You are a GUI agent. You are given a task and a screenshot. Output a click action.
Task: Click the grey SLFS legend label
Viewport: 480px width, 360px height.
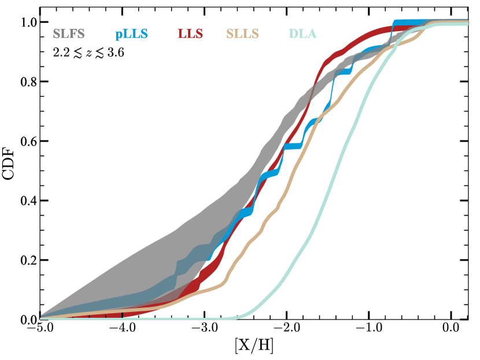69,34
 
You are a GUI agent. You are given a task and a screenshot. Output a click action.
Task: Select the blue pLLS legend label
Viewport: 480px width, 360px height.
131,34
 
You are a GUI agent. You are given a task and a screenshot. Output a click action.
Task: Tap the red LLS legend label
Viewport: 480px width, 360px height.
190,34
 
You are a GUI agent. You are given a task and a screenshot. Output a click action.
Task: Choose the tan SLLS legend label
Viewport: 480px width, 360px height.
242,34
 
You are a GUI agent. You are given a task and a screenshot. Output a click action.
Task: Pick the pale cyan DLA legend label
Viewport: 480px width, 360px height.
302,34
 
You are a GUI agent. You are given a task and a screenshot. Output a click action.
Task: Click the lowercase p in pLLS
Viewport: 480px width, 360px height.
118,35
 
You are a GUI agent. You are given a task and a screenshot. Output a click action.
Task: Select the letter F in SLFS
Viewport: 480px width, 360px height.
73,34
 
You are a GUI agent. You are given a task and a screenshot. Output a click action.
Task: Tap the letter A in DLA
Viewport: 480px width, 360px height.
312,34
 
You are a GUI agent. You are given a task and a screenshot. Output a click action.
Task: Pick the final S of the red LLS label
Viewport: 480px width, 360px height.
199,34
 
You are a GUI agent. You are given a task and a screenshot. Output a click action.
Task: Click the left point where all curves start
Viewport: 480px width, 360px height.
41,317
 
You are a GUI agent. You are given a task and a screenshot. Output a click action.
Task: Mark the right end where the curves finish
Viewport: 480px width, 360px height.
466,23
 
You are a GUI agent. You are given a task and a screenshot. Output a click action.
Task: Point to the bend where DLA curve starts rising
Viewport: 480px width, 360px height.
240,316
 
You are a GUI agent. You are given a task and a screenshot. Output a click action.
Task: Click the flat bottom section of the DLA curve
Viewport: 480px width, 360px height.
145,318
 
